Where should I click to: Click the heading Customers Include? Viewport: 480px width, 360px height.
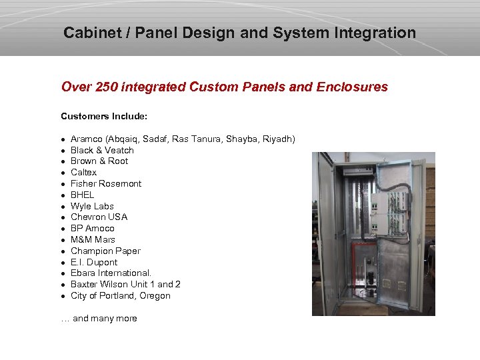[104, 117]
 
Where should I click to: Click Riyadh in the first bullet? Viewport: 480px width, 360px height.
[279, 139]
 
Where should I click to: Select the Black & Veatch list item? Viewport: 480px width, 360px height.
[102, 150]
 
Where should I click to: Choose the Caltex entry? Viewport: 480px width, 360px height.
[83, 173]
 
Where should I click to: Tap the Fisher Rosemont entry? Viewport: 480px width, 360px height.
[106, 184]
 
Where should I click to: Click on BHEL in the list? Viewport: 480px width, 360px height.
[83, 195]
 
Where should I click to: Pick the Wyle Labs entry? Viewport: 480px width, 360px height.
[92, 207]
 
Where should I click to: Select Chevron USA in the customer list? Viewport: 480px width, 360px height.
[99, 217]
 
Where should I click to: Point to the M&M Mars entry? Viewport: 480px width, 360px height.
[93, 240]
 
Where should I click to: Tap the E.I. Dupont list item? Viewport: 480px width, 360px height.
[94, 263]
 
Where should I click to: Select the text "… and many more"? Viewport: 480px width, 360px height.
[99, 319]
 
